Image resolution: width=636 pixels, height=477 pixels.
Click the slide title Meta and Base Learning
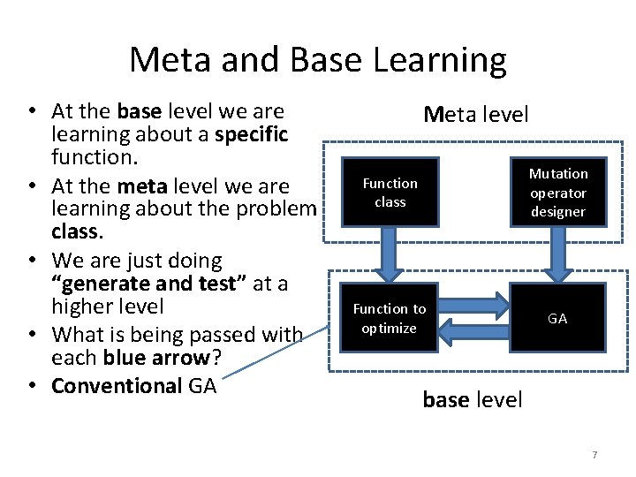[x=318, y=60]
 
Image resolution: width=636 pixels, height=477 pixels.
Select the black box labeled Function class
[x=390, y=193]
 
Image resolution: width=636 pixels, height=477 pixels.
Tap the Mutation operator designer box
[x=557, y=193]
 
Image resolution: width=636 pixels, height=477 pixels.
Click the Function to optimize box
[x=390, y=318]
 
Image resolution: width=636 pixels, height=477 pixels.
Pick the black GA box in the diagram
[x=557, y=318]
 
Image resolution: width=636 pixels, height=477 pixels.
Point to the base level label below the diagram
[x=473, y=399]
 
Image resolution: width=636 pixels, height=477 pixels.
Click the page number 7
[x=594, y=455]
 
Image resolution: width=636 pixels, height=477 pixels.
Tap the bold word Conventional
[x=117, y=386]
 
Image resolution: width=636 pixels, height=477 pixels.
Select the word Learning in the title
[x=442, y=60]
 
